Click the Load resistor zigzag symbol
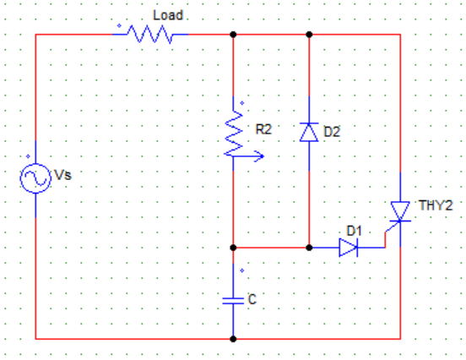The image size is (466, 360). [x=150, y=34]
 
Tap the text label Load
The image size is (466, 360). [x=168, y=15]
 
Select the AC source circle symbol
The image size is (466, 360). [x=35, y=178]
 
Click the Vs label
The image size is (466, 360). [x=62, y=175]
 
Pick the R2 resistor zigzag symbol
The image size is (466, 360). [x=234, y=134]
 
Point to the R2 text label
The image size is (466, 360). [x=263, y=129]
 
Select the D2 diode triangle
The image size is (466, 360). [x=309, y=133]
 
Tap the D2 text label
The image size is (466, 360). [x=332, y=132]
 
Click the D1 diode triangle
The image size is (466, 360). [x=349, y=248]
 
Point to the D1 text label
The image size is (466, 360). [x=355, y=231]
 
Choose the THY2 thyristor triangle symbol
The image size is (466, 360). [x=400, y=211]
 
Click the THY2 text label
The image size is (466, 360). [x=436, y=205]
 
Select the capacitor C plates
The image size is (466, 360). [x=233, y=301]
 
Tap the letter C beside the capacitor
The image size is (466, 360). [x=252, y=300]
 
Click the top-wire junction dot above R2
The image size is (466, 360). [x=233, y=35]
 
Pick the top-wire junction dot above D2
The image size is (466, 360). [x=309, y=35]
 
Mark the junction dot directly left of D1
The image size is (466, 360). [x=309, y=248]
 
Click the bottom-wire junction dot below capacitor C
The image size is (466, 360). [x=233, y=339]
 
